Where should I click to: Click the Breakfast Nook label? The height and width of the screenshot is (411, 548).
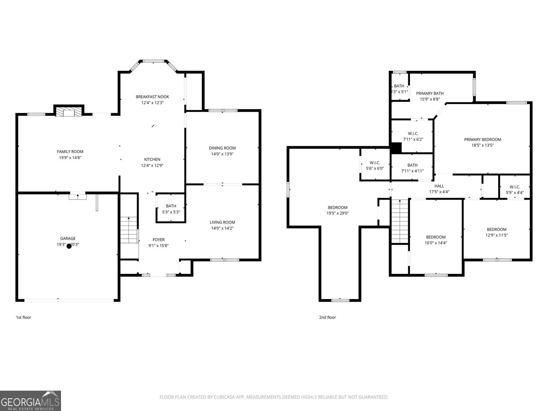pyautogui.click(x=152, y=97)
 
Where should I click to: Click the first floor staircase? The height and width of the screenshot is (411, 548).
pyautogui.click(x=129, y=230)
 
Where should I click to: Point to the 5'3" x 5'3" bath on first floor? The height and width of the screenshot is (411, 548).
pyautogui.click(x=171, y=209)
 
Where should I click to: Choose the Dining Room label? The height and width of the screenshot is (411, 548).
pyautogui.click(x=222, y=148)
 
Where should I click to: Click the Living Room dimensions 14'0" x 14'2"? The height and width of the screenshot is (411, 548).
pyautogui.click(x=222, y=228)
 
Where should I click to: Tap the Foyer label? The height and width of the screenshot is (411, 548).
pyautogui.click(x=159, y=240)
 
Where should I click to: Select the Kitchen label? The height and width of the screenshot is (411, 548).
pyautogui.click(x=152, y=159)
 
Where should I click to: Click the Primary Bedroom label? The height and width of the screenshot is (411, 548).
pyautogui.click(x=483, y=139)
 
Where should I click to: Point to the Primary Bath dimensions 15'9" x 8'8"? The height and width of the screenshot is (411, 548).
pyautogui.click(x=429, y=99)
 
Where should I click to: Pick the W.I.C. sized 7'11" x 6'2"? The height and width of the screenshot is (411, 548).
pyautogui.click(x=413, y=136)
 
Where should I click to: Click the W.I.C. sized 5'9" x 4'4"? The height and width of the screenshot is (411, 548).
pyautogui.click(x=514, y=189)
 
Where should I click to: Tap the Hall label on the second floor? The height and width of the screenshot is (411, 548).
pyautogui.click(x=439, y=186)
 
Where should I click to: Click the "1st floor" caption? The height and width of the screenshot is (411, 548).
pyautogui.click(x=23, y=317)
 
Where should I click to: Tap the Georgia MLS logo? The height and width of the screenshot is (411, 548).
pyautogui.click(x=30, y=401)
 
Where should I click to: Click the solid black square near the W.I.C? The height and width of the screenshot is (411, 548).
pyautogui.click(x=396, y=148)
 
